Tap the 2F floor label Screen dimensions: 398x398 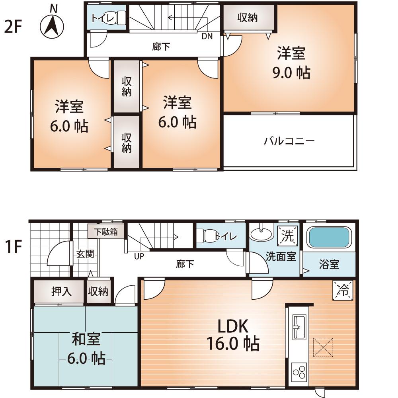coord(13,28)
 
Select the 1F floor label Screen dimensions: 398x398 coord(13,246)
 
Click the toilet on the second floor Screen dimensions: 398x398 coord(120,18)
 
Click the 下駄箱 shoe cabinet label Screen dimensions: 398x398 coord(106,232)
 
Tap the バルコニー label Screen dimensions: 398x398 coord(289,141)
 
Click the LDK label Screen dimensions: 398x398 coord(233,326)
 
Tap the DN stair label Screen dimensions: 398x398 coord(207,36)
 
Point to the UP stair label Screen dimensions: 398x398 coord(139,256)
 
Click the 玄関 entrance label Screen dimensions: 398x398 coord(85,254)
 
